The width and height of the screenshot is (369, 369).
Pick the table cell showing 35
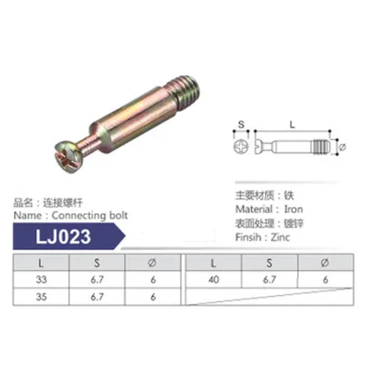tap(40, 298)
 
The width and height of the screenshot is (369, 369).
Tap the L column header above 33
tap(40, 263)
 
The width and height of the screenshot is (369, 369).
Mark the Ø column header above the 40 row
tap(326, 263)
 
